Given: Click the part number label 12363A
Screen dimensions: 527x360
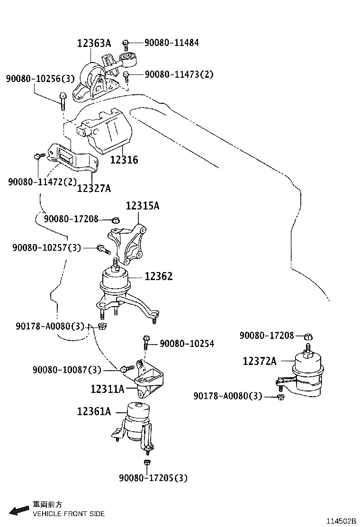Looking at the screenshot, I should pos(94,44).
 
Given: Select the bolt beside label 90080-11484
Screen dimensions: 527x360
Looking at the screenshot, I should pos(126,44).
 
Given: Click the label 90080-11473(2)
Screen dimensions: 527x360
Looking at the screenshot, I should pos(179,74).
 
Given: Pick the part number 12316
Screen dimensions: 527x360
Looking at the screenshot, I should pos(124,160).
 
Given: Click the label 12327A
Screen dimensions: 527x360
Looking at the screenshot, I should pos(94,189).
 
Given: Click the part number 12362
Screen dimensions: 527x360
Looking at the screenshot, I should pos(159,276).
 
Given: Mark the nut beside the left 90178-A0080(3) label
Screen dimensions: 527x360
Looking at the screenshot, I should pos(102,326).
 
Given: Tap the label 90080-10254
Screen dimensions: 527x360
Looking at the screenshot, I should pos(187,344).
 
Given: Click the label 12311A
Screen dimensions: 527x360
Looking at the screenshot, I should pos(108,389).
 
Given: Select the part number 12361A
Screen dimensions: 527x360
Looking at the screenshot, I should pos(94,412).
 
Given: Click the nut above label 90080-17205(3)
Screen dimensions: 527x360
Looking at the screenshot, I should pos(146,462).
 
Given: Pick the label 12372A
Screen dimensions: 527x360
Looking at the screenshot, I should pos(259,361).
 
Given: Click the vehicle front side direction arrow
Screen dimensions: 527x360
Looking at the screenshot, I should pos(19,510).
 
